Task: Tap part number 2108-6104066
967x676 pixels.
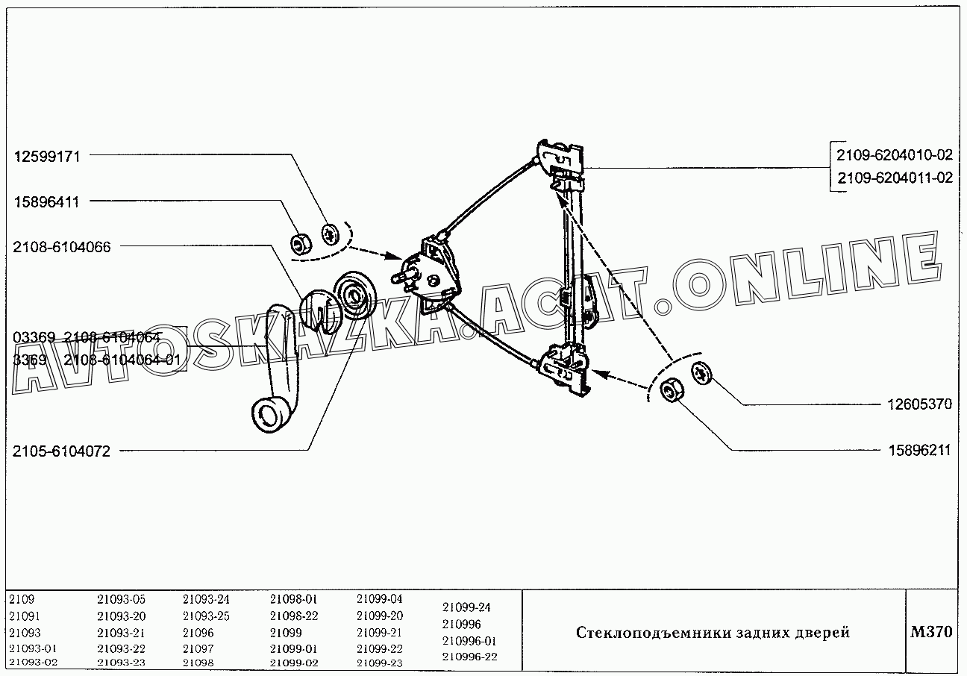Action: (x=62, y=247)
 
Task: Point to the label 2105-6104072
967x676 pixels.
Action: (x=62, y=451)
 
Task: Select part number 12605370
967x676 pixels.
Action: (x=919, y=404)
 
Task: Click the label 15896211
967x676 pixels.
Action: (x=919, y=451)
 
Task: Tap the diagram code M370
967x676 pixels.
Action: (x=931, y=632)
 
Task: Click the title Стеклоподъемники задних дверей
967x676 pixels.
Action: (x=713, y=633)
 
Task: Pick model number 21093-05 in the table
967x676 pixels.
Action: (x=121, y=599)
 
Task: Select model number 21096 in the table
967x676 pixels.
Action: (x=198, y=633)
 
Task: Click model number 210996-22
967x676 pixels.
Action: (x=469, y=657)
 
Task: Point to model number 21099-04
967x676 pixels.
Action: (x=380, y=599)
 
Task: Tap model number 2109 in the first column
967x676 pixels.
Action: (x=22, y=599)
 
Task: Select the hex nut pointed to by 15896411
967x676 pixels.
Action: (x=301, y=244)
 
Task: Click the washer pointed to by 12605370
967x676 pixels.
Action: (x=701, y=372)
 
